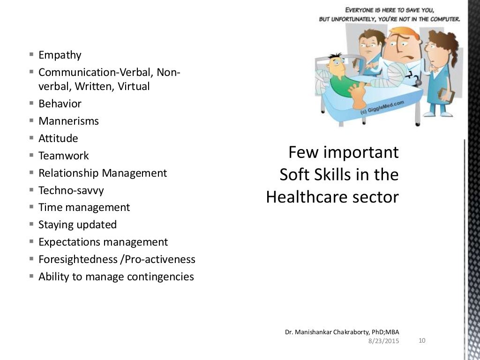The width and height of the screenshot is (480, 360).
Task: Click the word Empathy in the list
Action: (x=60, y=55)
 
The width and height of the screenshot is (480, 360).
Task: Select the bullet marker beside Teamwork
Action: (x=31, y=155)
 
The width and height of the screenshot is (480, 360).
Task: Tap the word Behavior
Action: (x=60, y=104)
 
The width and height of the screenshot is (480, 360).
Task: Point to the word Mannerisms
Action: (x=68, y=121)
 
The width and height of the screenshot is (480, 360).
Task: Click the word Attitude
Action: (x=58, y=138)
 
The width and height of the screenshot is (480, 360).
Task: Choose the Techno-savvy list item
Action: (x=71, y=190)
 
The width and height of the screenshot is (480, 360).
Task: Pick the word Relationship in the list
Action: (x=69, y=173)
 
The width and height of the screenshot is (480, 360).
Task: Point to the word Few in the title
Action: (x=300, y=152)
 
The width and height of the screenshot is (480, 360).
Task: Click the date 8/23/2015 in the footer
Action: (x=384, y=341)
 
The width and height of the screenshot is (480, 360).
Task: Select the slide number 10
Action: (x=421, y=340)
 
